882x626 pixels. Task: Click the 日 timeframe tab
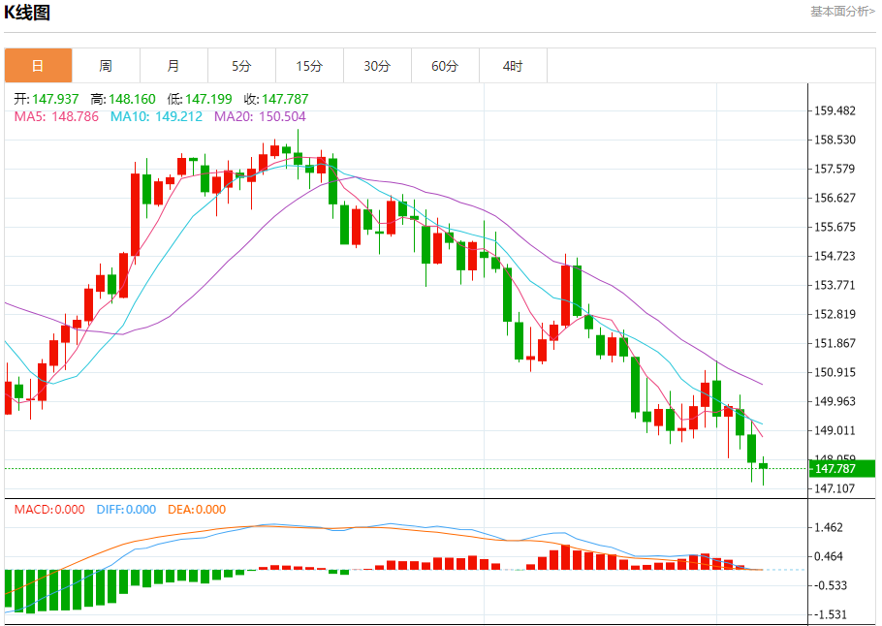pyautogui.click(x=38, y=66)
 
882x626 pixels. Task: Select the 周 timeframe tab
pyautogui.click(x=106, y=66)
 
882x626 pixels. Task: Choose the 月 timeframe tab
pyautogui.click(x=173, y=66)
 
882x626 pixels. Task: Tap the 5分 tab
pyautogui.click(x=241, y=66)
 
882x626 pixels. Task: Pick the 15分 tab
pyautogui.click(x=309, y=66)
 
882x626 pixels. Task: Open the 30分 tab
pyautogui.click(x=377, y=66)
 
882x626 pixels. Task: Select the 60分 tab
pyautogui.click(x=445, y=66)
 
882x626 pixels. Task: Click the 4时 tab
pyautogui.click(x=513, y=66)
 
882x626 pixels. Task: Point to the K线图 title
pyautogui.click(x=27, y=13)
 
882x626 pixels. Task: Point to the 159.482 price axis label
pyautogui.click(x=835, y=110)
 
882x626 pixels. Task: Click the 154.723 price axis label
pyautogui.click(x=835, y=256)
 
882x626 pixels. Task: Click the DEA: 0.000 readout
pyautogui.click(x=197, y=510)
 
